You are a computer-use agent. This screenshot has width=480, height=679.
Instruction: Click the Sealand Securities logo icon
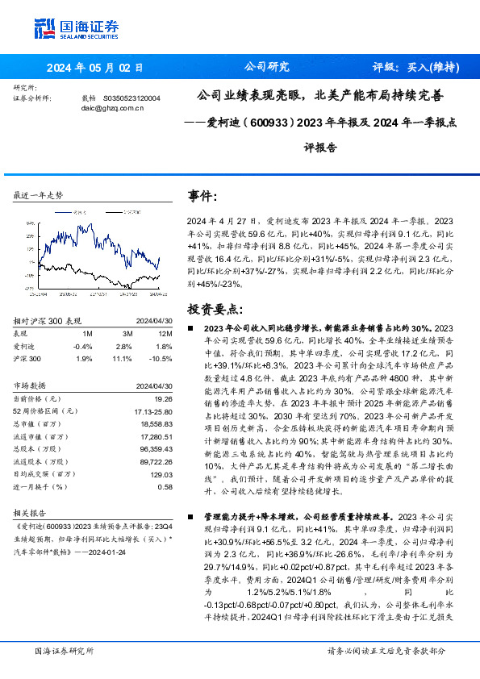point(44,26)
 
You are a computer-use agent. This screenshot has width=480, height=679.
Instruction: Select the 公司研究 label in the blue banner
point(266,67)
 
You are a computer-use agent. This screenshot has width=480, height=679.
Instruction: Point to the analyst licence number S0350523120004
point(131,98)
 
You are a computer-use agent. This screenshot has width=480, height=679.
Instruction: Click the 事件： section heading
point(202,196)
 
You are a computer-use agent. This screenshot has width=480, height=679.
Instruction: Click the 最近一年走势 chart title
point(39,196)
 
